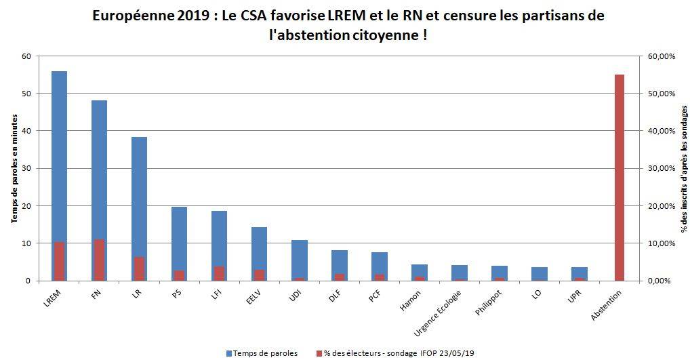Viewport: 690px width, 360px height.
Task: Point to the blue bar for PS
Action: pyautogui.click(x=179, y=237)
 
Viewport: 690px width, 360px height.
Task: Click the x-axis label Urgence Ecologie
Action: pyautogui.click(x=441, y=313)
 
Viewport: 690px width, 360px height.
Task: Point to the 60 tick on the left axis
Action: pyautogui.click(x=27, y=56)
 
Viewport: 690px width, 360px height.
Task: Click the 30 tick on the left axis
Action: pyautogui.click(x=27, y=168)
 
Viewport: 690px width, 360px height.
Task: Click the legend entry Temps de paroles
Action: pyautogui.click(x=262, y=353)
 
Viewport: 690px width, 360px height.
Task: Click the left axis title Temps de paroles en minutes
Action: pyautogui.click(x=13, y=168)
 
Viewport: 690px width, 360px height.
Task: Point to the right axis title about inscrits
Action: pyautogui.click(x=683, y=168)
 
